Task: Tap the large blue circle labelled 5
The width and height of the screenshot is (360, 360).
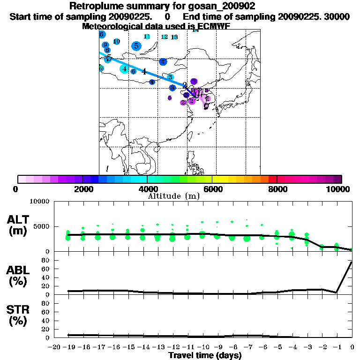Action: tap(136, 46)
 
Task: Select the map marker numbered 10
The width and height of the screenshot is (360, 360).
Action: tap(117, 42)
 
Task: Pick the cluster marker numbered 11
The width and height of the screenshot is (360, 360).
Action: tap(147, 37)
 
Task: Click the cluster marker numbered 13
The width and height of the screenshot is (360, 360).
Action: tap(174, 37)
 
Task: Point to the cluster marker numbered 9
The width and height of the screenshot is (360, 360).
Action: tap(105, 45)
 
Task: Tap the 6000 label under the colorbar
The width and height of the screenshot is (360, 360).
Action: tap(212, 189)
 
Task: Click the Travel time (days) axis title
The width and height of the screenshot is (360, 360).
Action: tap(205, 355)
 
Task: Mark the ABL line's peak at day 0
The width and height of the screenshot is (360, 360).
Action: tap(352, 262)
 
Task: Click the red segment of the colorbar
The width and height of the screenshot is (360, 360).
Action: tap(272, 179)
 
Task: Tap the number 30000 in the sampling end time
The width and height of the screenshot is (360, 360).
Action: tap(337, 16)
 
